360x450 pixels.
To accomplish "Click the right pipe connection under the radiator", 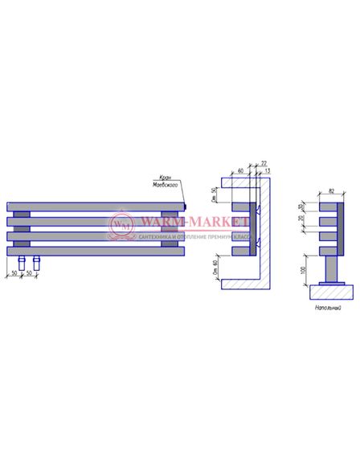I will [x=36, y=261].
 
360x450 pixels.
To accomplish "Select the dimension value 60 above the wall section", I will [x=241, y=171].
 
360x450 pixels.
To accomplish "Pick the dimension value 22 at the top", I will [x=264, y=163].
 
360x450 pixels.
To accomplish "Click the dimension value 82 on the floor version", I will [x=332, y=191].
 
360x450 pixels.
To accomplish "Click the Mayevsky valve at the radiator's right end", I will [x=184, y=206].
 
